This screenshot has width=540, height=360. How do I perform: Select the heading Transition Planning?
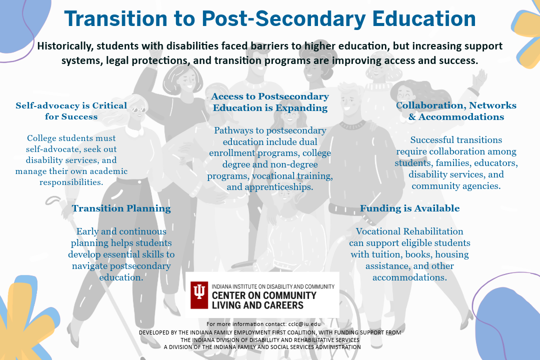pos(121,208)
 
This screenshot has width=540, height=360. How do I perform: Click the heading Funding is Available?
pos(409,208)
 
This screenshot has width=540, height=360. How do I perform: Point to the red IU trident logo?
pos(199,295)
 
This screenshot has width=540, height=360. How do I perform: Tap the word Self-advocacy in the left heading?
pos(43,105)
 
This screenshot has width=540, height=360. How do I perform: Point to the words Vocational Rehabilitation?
pos(409,231)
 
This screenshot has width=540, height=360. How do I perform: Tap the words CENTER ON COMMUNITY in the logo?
pos(264,295)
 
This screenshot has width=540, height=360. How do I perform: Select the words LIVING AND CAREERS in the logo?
pos(257,304)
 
